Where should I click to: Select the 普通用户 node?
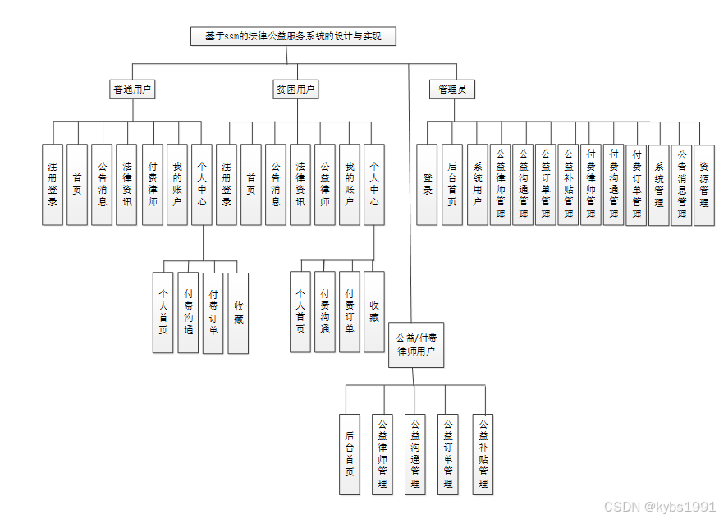point(133,90)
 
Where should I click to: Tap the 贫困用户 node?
point(295,90)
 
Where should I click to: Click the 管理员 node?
point(451,90)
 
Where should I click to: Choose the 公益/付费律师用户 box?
point(416,344)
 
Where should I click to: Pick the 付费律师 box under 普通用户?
point(153,184)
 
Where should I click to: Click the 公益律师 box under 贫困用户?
point(325,184)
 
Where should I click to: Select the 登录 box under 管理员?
point(428,184)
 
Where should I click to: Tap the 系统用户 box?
point(478,184)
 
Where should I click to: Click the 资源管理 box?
point(703,184)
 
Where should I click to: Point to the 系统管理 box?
point(659,184)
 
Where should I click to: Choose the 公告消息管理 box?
point(681,184)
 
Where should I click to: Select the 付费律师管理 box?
point(591,184)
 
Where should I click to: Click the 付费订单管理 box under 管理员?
point(636,184)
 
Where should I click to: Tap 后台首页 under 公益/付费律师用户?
point(350,453)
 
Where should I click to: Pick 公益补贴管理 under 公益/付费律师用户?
point(483,453)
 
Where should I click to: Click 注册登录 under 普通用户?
point(53,184)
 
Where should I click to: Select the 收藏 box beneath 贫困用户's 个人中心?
point(374,312)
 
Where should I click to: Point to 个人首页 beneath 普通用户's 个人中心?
point(163,312)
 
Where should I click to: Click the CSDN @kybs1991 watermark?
point(658,507)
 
